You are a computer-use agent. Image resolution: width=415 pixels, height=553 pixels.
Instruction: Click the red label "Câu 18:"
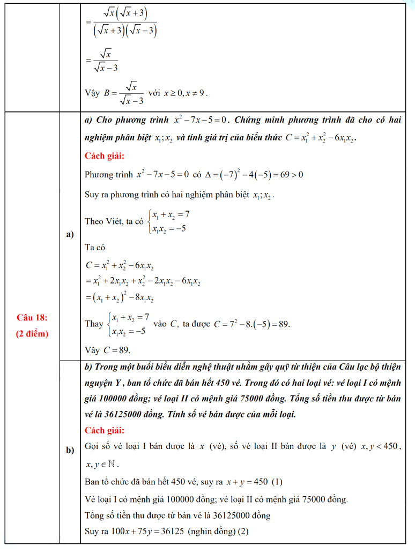click(32, 318)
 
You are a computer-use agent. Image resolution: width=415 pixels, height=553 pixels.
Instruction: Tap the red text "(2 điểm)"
click(32, 333)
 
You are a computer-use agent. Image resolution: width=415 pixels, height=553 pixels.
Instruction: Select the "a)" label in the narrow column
click(70, 235)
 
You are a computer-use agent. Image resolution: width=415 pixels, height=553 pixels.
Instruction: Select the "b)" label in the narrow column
click(70, 450)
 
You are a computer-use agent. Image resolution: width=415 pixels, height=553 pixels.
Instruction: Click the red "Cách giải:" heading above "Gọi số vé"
click(105, 430)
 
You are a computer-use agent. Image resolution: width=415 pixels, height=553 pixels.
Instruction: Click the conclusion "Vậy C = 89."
click(108, 350)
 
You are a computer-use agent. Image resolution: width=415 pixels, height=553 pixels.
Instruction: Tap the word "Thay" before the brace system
click(94, 324)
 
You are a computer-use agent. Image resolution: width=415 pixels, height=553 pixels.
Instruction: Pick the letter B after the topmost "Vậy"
click(107, 93)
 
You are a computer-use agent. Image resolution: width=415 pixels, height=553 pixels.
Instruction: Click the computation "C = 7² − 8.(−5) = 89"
click(251, 324)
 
